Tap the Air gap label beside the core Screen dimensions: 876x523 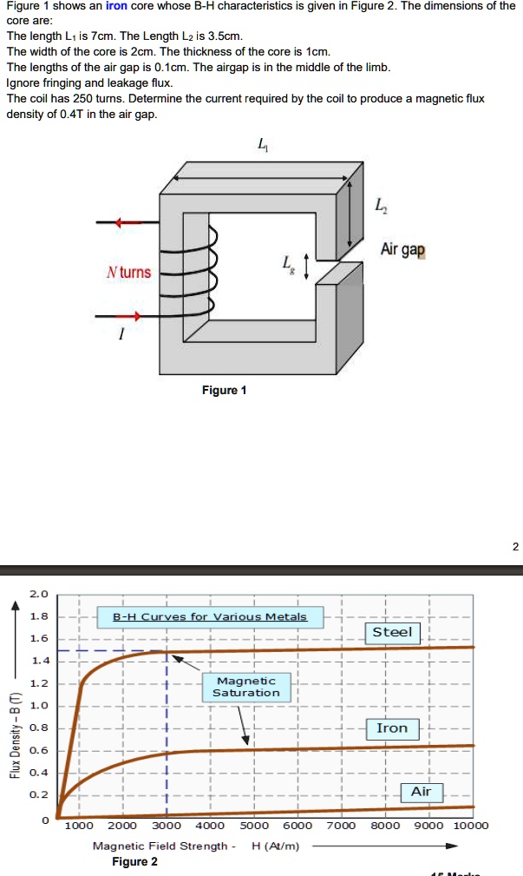pyautogui.click(x=403, y=250)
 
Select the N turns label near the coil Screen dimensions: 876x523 pyautogui.click(x=128, y=273)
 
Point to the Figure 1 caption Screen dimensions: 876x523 pyautogui.click(x=224, y=390)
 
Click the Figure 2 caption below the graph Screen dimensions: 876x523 pyautogui.click(x=134, y=861)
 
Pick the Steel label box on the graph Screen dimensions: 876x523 pyautogui.click(x=392, y=632)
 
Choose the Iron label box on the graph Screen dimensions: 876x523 pyautogui.click(x=392, y=728)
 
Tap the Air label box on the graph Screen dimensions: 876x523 pyautogui.click(x=421, y=792)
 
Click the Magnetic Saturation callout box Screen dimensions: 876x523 pyautogui.click(x=246, y=687)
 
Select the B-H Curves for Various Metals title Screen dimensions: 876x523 pyautogui.click(x=210, y=617)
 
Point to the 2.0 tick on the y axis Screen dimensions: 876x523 pyautogui.click(x=39, y=595)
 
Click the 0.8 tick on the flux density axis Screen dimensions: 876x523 pyautogui.click(x=39, y=728)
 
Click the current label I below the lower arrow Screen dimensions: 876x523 pyautogui.click(x=122, y=340)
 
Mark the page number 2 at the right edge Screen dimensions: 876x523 pyautogui.click(x=515, y=546)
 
